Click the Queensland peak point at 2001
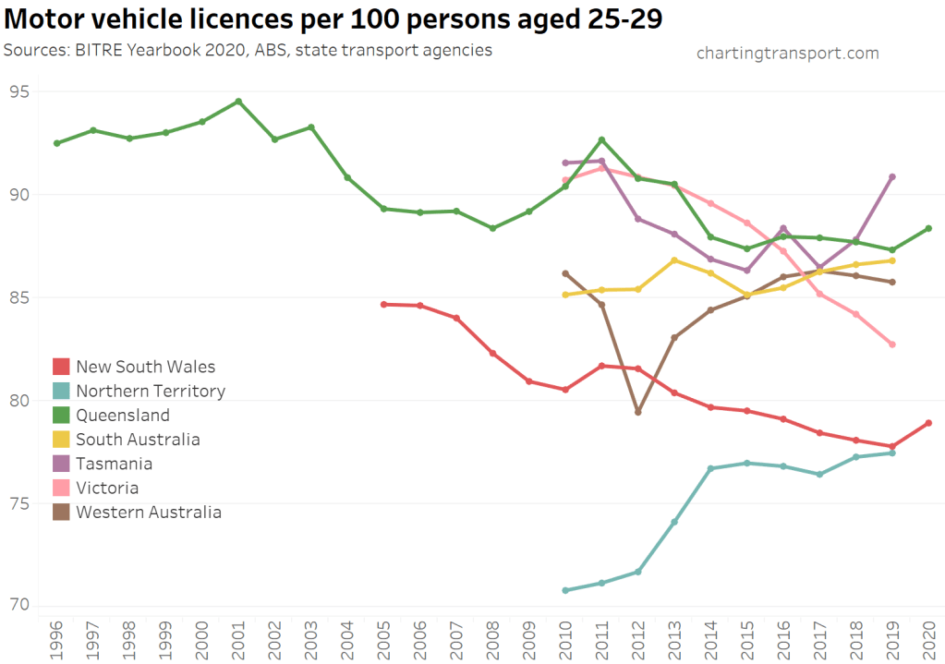pyautogui.click(x=238, y=102)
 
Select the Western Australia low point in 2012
pyautogui.click(x=638, y=412)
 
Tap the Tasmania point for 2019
pyautogui.click(x=892, y=176)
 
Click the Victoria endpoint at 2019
pyautogui.click(x=892, y=344)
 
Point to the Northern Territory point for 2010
pyautogui.click(x=565, y=590)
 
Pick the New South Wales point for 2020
pyautogui.click(x=928, y=423)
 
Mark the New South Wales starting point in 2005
pyautogui.click(x=383, y=304)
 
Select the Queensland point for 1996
pyautogui.click(x=57, y=143)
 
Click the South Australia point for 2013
pyautogui.click(x=674, y=260)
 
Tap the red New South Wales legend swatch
pyautogui.click(x=62, y=367)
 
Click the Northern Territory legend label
pyautogui.click(x=151, y=391)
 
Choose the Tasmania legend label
pyautogui.click(x=115, y=464)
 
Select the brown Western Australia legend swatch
pyautogui.click(x=62, y=512)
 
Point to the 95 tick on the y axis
pyautogui.click(x=20, y=91)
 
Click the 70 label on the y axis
pyautogui.click(x=20, y=606)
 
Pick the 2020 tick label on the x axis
pyautogui.click(x=928, y=639)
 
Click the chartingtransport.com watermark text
pyautogui.click(x=787, y=53)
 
